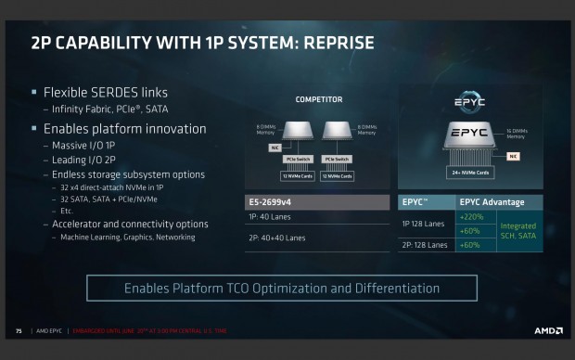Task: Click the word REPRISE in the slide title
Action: tap(327, 43)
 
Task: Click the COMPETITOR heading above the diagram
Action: tap(318, 99)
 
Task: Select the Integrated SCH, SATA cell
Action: tap(518, 230)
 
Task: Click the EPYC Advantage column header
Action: tap(496, 201)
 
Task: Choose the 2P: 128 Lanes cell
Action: tap(425, 245)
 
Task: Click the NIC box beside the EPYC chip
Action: tap(513, 157)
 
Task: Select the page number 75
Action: tap(18, 330)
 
